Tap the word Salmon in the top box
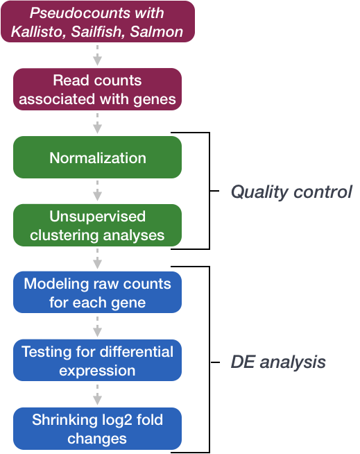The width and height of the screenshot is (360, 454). point(157,31)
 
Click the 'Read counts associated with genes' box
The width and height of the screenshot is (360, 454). point(98,89)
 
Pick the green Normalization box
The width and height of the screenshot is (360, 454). point(98,157)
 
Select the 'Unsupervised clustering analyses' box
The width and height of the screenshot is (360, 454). point(98,225)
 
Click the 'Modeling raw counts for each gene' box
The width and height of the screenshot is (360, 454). point(98,292)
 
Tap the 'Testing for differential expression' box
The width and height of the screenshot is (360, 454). point(98,360)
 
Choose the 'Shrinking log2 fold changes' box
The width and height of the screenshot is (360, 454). point(98,428)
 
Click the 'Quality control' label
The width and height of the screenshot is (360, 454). point(291,192)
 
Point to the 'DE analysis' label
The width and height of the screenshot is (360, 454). point(278,362)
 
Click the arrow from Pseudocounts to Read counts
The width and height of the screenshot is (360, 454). point(98,56)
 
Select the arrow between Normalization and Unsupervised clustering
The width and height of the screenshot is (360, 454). point(98,191)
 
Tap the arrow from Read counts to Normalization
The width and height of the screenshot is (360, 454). point(98,124)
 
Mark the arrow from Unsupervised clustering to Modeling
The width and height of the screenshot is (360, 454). point(98,259)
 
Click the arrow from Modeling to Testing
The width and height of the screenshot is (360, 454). point(98,326)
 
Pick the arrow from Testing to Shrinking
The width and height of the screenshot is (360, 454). point(98,394)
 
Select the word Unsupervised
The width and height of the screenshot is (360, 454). point(98,217)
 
